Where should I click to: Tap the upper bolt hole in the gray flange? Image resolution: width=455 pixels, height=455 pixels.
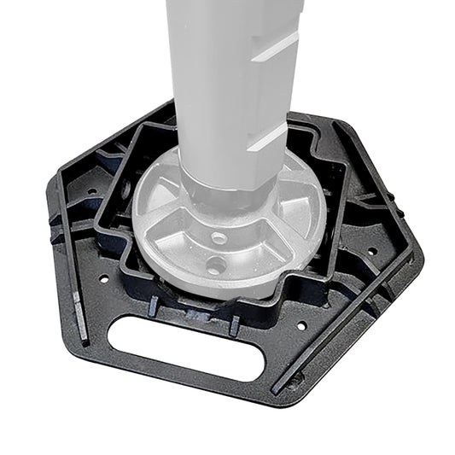(x=219, y=238)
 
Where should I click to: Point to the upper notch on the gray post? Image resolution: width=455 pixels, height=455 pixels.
(x=277, y=45)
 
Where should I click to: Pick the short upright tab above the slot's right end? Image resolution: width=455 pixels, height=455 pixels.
(x=233, y=324)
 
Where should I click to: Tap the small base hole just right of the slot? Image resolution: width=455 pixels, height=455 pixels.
(x=300, y=325)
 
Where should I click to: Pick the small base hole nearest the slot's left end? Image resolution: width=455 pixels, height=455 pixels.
(x=104, y=278)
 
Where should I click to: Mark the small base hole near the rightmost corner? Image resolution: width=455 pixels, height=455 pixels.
(x=372, y=251)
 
